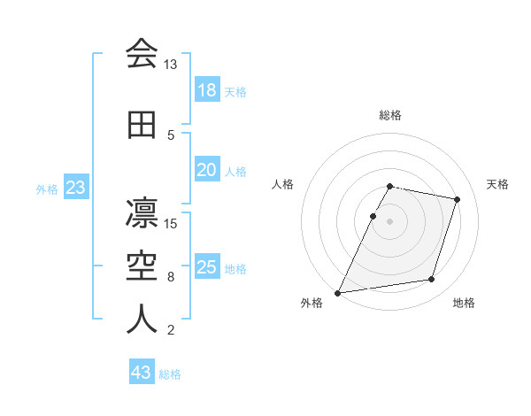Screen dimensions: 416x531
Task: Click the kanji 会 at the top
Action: tap(142, 53)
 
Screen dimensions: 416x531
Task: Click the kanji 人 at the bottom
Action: tap(142, 320)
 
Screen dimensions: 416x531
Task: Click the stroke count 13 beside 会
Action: tap(170, 65)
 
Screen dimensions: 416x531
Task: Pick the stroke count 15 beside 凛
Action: tap(172, 223)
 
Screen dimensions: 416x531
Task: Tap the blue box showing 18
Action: tap(206, 90)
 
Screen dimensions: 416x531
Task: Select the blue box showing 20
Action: tap(206, 170)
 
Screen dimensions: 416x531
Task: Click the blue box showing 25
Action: tap(206, 267)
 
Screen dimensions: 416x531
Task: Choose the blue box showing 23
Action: tap(75, 188)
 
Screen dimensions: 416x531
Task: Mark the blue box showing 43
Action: tap(142, 373)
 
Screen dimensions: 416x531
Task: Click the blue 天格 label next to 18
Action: tap(235, 91)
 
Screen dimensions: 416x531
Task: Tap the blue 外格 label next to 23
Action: tap(47, 189)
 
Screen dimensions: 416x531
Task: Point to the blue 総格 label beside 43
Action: tap(170, 374)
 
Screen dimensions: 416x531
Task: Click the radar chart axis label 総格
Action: tap(390, 115)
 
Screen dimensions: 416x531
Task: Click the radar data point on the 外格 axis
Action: tap(338, 292)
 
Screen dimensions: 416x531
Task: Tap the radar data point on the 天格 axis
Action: tap(457, 200)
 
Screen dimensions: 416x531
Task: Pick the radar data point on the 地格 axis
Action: tap(431, 280)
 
